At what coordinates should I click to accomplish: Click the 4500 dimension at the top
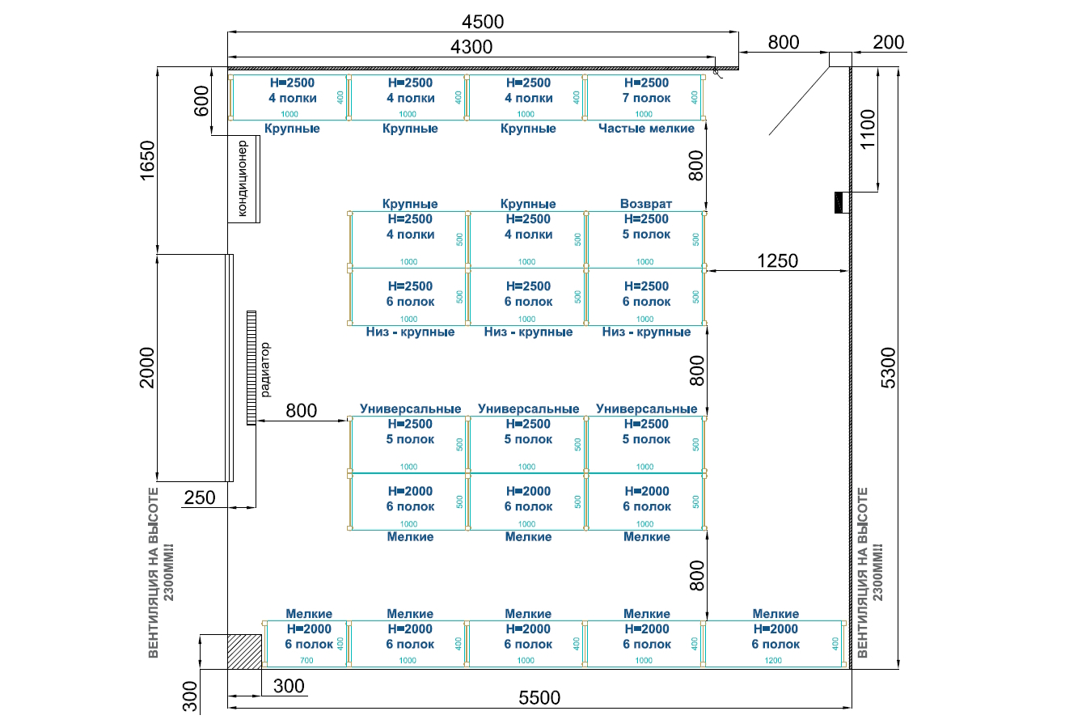tap(482, 22)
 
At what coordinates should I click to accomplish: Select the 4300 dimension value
tap(471, 47)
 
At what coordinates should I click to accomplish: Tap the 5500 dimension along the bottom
tap(539, 697)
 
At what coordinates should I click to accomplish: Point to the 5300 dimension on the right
tap(888, 367)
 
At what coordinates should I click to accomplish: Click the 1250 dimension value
tap(777, 260)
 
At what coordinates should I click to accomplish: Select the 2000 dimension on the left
tap(146, 367)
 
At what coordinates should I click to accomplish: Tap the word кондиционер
tap(243, 179)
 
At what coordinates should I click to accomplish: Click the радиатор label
tap(266, 370)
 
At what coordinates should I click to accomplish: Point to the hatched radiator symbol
tap(251, 367)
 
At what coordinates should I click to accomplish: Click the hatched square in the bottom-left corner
tap(243, 651)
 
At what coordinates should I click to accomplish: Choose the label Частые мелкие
tap(646, 129)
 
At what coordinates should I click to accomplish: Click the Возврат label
tap(646, 204)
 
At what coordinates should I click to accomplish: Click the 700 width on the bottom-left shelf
tap(306, 661)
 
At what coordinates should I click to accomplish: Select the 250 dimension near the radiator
tap(200, 497)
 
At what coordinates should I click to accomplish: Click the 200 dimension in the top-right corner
tap(889, 42)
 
